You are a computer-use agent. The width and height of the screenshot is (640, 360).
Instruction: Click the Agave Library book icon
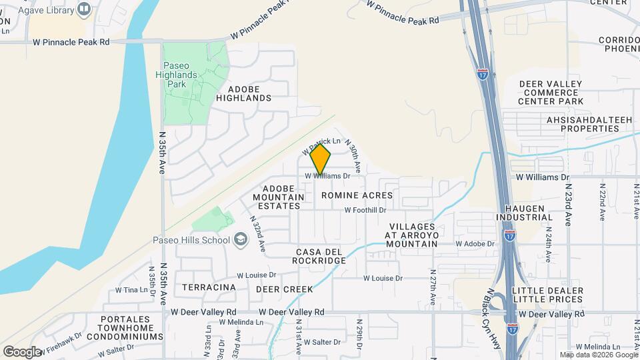click(85, 9)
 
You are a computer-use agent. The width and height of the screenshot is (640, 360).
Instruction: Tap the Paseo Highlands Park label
click(181, 75)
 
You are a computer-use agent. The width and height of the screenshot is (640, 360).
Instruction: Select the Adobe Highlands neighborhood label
click(249, 93)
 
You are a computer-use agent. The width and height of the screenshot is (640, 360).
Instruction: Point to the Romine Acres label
click(357, 195)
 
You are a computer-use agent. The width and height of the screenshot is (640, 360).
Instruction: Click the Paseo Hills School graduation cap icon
click(239, 239)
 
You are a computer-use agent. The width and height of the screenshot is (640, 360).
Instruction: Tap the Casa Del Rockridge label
click(319, 256)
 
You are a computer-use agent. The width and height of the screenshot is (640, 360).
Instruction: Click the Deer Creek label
click(285, 289)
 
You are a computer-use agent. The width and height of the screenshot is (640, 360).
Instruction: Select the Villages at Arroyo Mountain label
click(413, 235)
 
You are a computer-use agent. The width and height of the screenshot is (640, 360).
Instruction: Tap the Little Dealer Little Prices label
click(547, 295)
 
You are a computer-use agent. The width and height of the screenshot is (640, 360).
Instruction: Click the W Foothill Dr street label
click(365, 210)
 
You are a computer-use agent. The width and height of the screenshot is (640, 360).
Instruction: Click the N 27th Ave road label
click(433, 287)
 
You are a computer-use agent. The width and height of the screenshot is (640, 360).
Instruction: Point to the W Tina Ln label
click(131, 290)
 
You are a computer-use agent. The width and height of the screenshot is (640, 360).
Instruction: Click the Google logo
click(22, 352)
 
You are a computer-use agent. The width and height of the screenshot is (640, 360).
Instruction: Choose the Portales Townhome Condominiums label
click(131, 328)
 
